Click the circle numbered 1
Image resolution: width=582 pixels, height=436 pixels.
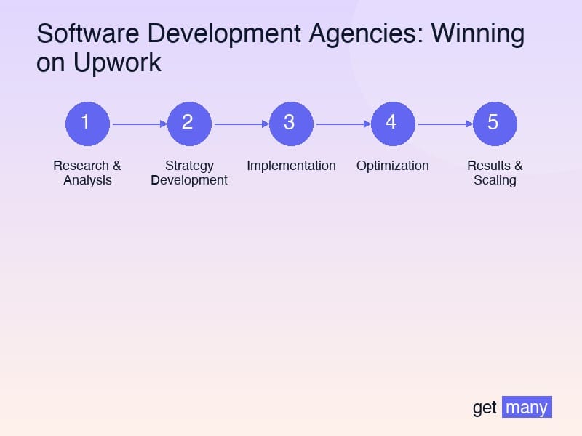pyautogui.click(x=87, y=124)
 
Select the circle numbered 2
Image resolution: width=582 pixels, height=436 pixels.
pyautogui.click(x=189, y=124)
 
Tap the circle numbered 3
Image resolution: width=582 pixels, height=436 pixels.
pyautogui.click(x=291, y=124)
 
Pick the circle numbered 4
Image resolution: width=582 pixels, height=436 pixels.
pyautogui.click(x=393, y=124)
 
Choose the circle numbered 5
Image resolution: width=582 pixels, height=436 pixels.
pyautogui.click(x=495, y=124)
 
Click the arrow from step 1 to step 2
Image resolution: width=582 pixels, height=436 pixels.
pyautogui.click(x=138, y=124)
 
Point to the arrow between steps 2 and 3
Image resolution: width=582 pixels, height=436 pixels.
pyautogui.click(x=240, y=124)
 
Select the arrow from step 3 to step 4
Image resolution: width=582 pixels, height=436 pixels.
pyautogui.click(x=342, y=124)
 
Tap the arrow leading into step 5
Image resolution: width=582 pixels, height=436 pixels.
pyautogui.click(x=444, y=124)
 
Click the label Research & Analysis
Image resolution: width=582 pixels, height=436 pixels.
pyautogui.click(x=87, y=173)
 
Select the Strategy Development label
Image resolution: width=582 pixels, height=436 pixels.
pyautogui.click(x=189, y=173)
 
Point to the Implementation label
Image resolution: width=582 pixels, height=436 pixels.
pyautogui.click(x=291, y=166)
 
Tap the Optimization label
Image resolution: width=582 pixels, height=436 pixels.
pyautogui.click(x=393, y=166)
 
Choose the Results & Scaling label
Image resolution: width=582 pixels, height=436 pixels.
pyautogui.click(x=495, y=173)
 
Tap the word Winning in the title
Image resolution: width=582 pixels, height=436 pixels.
pyautogui.click(x=482, y=35)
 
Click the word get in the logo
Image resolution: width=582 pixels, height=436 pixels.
pyautogui.click(x=485, y=408)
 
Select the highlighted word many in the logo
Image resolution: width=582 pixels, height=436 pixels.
pyautogui.click(x=527, y=408)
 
